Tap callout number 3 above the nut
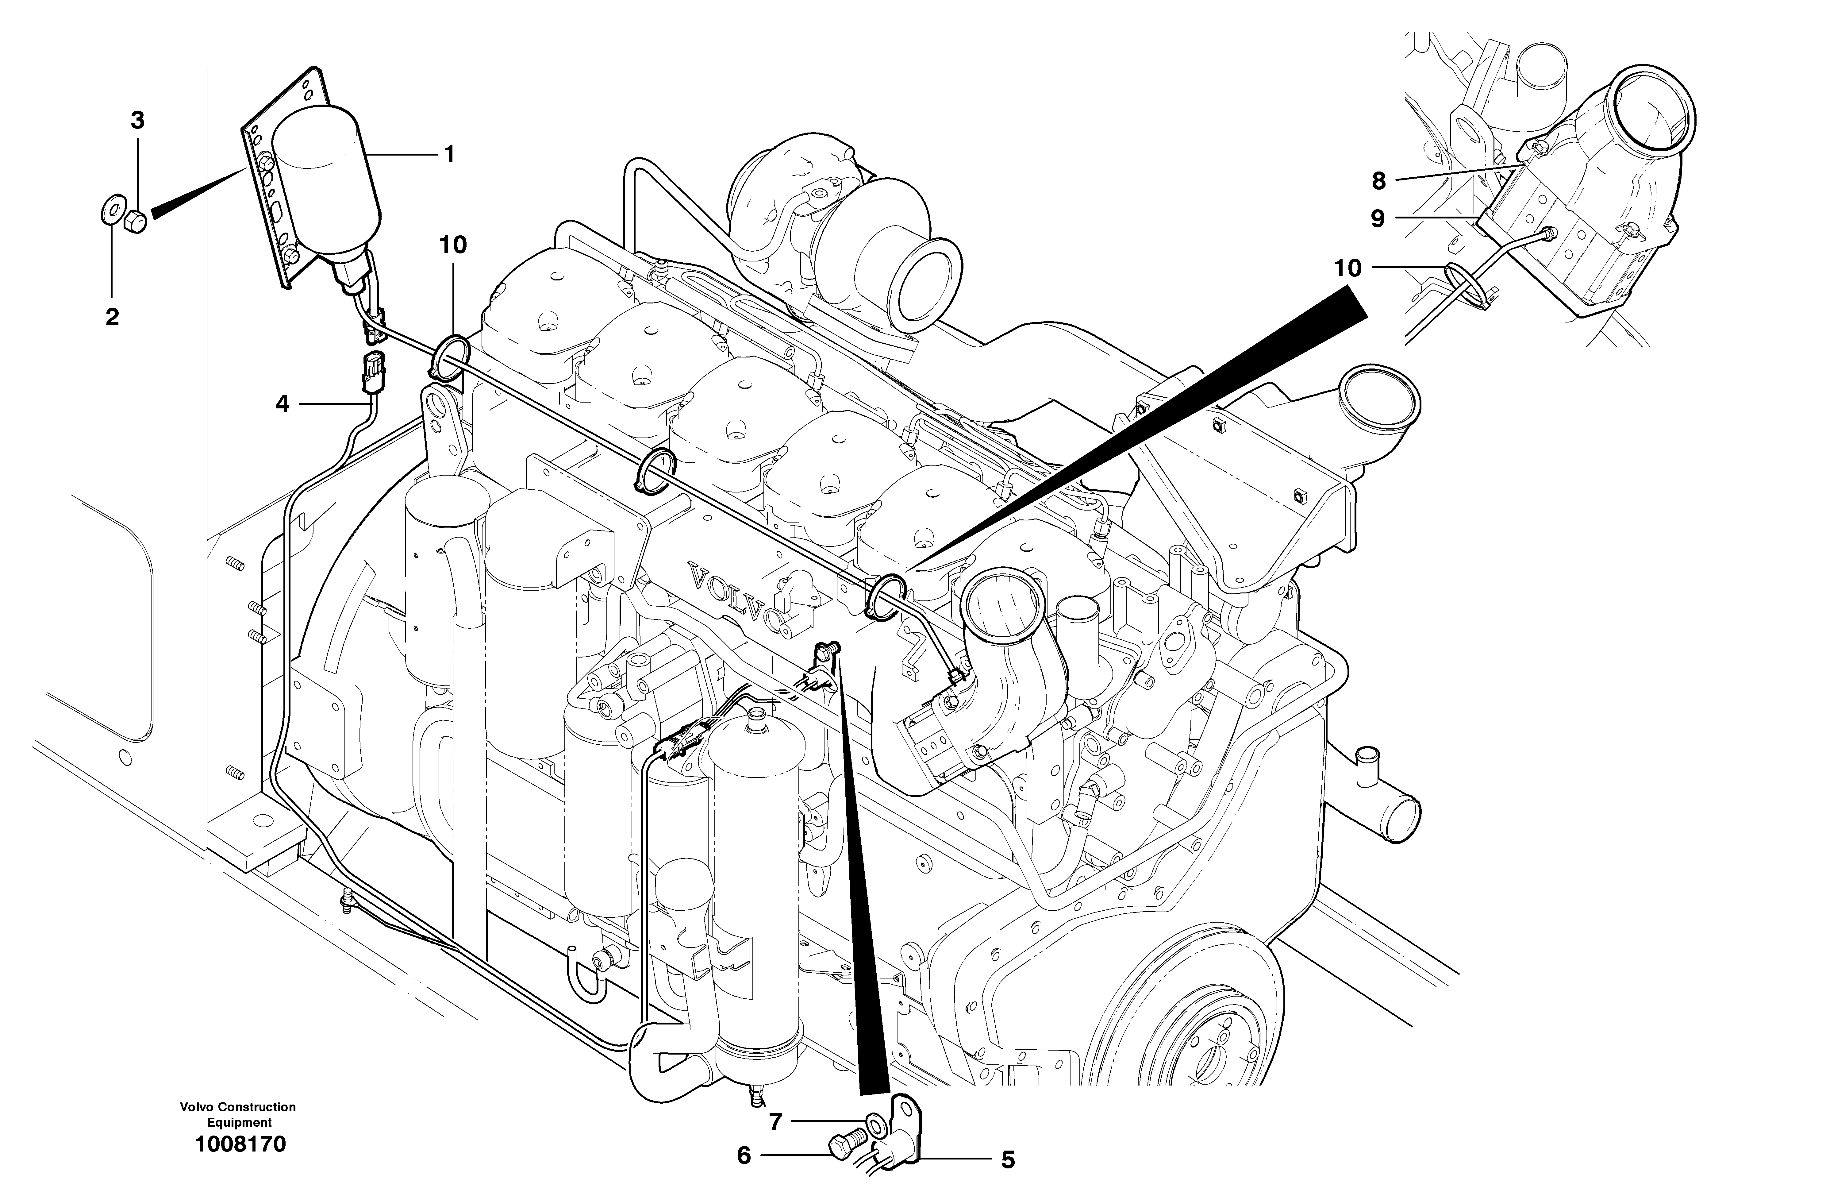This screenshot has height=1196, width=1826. coord(137,121)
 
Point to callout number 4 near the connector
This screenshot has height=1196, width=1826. coord(282,404)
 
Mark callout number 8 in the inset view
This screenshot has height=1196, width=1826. coord(1379,181)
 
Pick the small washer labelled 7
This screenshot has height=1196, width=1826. coord(875,1125)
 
